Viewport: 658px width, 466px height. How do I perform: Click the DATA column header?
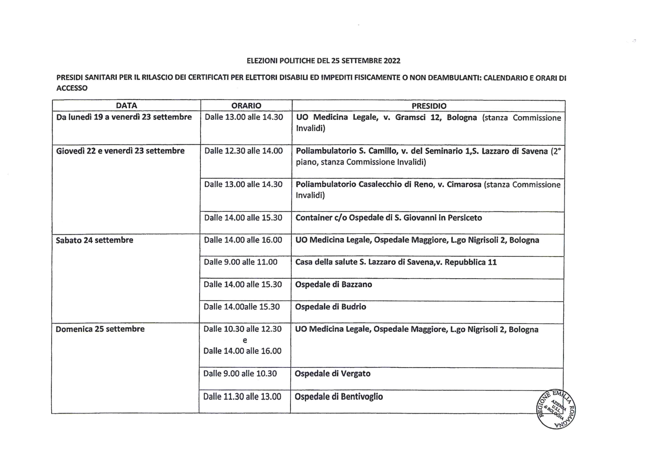pos(126,106)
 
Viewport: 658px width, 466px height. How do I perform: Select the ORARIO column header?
pos(246,106)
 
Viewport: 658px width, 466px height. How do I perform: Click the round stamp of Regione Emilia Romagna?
pos(556,410)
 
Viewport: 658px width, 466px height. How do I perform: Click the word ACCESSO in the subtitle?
pos(72,88)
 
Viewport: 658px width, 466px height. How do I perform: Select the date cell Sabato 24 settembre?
pos(95,240)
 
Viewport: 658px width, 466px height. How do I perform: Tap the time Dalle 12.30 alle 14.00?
pos(243,151)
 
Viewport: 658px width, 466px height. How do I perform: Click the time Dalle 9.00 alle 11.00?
pos(241,262)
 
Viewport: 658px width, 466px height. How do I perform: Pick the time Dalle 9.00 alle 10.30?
pos(240,373)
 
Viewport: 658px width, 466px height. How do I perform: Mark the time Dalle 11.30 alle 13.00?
pos(242,396)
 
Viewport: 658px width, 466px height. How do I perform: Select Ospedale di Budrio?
pos(330,307)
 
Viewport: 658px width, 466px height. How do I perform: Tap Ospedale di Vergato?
pos(332,374)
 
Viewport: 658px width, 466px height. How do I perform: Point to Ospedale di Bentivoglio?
pos(338,396)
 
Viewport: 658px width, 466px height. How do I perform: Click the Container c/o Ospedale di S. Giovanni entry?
pos(388,218)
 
